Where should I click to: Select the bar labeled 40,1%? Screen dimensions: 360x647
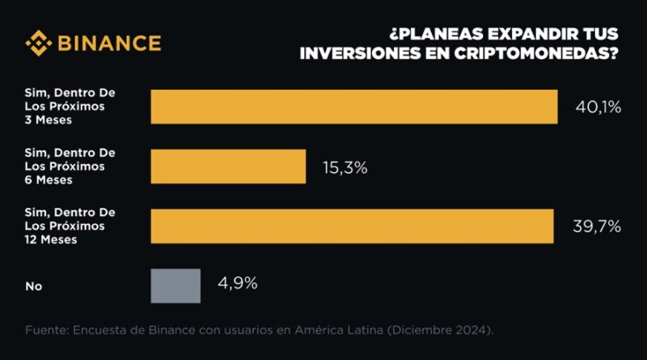pos(354,107)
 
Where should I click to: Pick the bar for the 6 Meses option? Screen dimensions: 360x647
pos(228,167)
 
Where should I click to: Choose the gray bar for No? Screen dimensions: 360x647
pos(175,286)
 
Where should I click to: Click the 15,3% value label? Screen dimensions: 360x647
pos(345,167)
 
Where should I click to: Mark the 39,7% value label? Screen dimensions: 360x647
pos(594,227)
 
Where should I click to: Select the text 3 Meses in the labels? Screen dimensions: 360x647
pos(49,121)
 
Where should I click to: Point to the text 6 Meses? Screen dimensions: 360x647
pos(49,180)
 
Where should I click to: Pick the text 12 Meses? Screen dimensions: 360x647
pos(52,239)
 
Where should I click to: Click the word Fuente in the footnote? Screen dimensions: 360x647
pos(46,330)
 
